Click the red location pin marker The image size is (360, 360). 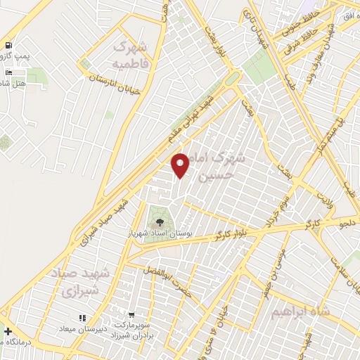coord(181,165)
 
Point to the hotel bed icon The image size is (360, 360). coord(8,72)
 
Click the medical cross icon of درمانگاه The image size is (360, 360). coord(7,332)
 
